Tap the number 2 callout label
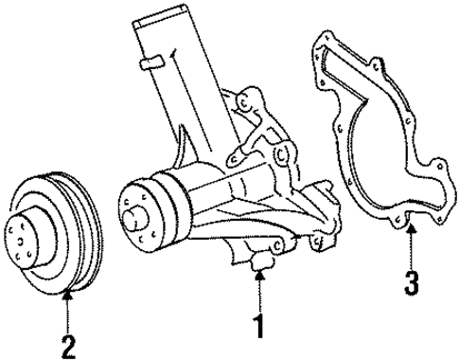click(x=67, y=347)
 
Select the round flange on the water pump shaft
click(x=140, y=209)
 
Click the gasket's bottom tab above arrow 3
click(x=408, y=222)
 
